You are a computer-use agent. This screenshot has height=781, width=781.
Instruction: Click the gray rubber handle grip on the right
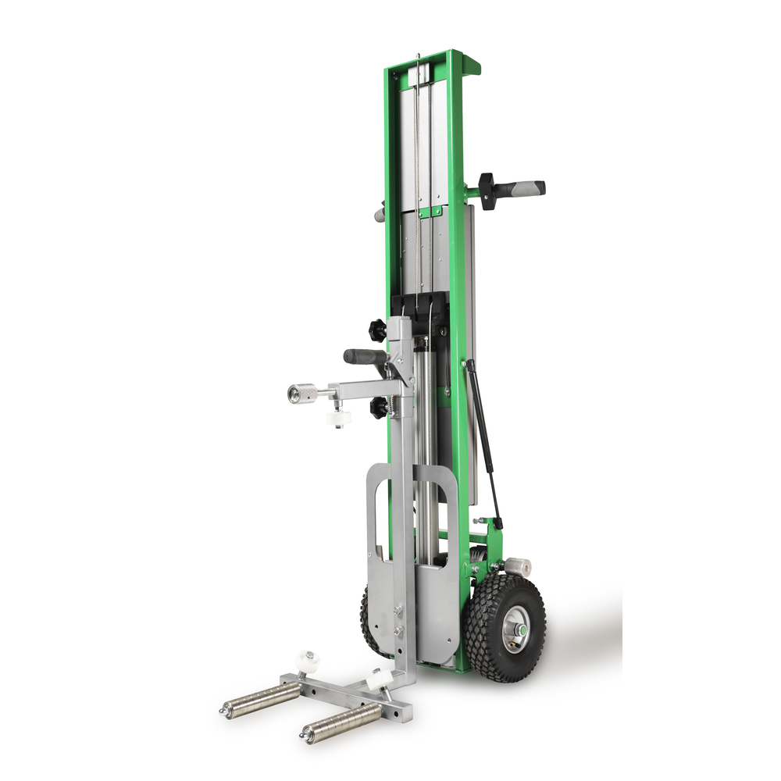[522, 188]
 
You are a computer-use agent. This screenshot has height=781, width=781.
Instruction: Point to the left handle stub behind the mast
[380, 213]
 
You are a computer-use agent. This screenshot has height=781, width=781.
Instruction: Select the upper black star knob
[379, 331]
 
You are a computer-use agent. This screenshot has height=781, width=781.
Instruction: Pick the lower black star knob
[379, 408]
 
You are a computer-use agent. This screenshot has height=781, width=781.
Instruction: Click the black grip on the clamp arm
[365, 356]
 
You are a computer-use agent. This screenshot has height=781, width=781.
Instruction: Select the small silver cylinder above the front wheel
[518, 568]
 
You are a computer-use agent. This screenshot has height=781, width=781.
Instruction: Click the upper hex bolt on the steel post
[398, 614]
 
